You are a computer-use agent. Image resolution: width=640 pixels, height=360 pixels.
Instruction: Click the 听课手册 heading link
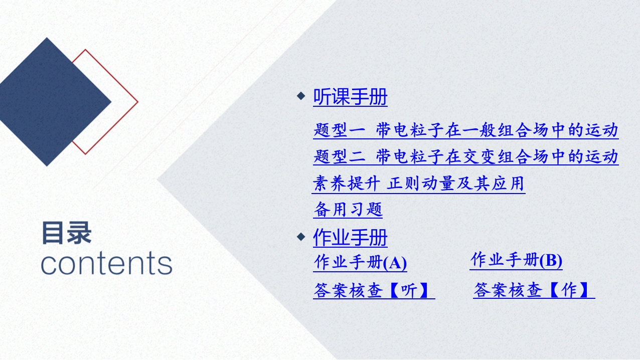[350, 97]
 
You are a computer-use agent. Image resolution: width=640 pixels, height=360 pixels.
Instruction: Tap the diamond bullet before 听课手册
[301, 96]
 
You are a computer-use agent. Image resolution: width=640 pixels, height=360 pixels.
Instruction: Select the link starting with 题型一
[466, 130]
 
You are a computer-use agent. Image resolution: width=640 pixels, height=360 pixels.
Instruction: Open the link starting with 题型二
[466, 156]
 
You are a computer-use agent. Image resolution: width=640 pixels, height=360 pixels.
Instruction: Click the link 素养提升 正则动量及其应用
[418, 183]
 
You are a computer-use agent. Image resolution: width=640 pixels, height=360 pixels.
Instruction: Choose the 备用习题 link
[348, 210]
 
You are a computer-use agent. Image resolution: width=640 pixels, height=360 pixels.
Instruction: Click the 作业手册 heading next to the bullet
[350, 238]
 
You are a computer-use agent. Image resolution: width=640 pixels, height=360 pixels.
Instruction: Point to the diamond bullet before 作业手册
[301, 237]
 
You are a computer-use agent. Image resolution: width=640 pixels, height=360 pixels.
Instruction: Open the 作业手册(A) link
[360, 262]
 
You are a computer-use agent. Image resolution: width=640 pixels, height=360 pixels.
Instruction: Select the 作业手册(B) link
[516, 260]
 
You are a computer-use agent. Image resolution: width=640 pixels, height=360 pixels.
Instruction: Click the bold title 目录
[67, 233]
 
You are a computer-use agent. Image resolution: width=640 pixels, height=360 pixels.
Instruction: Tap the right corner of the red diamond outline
[138, 102]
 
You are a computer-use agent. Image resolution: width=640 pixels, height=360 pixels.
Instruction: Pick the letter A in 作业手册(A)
[395, 263]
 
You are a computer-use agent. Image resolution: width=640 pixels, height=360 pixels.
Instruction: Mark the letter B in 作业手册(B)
[551, 261]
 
